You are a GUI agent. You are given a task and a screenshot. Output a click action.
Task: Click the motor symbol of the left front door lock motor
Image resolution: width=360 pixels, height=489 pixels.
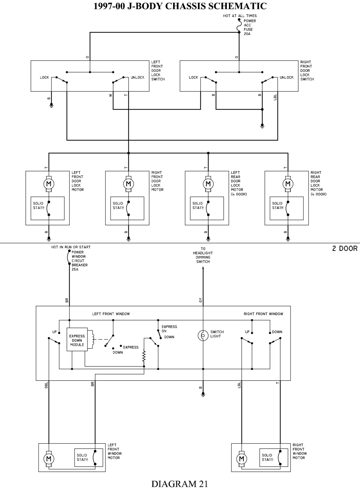click(49, 184)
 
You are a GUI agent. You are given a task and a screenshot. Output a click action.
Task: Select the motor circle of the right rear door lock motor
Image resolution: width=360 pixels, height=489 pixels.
click(288, 184)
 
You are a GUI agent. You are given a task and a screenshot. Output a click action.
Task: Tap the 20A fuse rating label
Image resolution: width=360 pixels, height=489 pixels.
click(247, 34)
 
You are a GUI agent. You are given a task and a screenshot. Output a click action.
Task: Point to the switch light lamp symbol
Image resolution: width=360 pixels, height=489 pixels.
click(203, 335)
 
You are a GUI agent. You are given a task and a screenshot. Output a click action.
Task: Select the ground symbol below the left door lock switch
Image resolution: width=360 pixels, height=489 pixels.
click(51, 106)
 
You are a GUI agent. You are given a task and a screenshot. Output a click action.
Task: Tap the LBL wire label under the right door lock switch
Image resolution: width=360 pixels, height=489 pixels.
click(275, 97)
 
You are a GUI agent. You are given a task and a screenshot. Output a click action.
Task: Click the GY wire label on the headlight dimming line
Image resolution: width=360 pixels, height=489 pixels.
click(201, 300)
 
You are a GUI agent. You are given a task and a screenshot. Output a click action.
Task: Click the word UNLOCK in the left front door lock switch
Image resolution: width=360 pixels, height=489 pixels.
click(138, 77)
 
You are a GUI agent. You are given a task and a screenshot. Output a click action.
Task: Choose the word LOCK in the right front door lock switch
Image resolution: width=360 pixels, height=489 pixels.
click(193, 77)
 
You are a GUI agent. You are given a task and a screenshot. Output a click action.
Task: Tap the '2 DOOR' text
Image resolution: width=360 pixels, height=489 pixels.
click(345, 249)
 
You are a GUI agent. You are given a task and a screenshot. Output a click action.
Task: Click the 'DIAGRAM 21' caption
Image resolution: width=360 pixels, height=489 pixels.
click(180, 484)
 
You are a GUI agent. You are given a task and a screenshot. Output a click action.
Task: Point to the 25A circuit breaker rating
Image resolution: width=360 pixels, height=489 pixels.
click(75, 270)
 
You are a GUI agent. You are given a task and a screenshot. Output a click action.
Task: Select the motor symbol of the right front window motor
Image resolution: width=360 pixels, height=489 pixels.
click(242, 459)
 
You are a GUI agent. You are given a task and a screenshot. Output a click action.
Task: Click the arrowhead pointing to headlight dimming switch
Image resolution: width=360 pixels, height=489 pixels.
click(203, 270)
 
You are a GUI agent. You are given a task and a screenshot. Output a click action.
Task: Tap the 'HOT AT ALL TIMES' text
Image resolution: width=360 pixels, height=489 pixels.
click(240, 16)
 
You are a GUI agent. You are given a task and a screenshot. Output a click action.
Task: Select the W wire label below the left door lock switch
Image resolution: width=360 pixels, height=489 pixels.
click(111, 95)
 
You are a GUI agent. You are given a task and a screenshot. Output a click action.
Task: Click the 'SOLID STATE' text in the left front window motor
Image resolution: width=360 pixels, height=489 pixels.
click(82, 457)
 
